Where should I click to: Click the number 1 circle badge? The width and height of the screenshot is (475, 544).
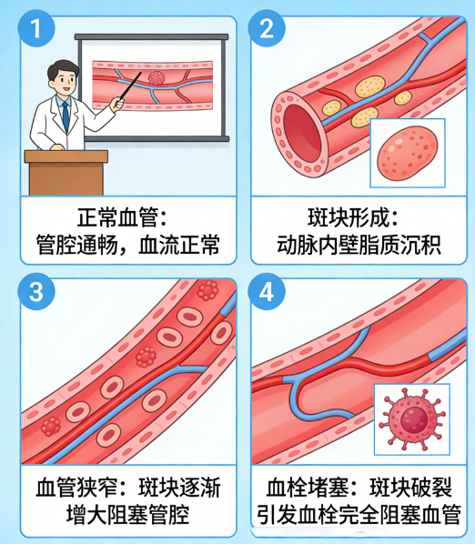pos(36,28)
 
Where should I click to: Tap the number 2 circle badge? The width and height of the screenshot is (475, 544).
pos(267,28)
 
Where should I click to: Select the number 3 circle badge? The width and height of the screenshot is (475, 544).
pos(36,291)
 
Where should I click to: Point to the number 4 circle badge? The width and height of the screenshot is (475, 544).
pos(267,291)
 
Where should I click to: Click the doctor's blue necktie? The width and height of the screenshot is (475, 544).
pos(66,116)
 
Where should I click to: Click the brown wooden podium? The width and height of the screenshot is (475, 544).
pos(66,173)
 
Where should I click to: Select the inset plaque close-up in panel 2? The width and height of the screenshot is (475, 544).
pos(408,153)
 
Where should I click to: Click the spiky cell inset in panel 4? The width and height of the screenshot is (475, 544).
pos(412,419)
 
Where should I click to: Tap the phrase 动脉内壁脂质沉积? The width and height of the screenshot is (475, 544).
pos(359,245)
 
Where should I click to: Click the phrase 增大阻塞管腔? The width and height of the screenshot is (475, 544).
pos(127,515)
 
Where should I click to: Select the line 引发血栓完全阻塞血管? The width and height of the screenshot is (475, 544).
pos(359,515)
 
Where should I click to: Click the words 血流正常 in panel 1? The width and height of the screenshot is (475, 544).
pos(179,245)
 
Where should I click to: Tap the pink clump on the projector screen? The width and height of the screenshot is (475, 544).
pos(157,77)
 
